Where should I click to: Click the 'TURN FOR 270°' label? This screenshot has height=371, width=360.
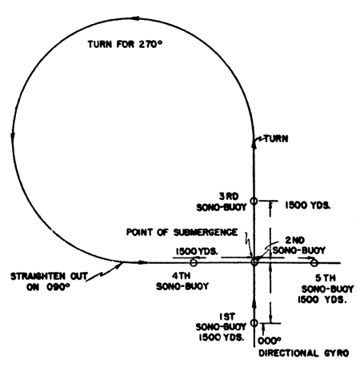(125, 44)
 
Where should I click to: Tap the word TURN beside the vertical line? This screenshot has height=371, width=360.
(276, 138)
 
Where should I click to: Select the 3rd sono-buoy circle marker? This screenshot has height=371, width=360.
(254, 201)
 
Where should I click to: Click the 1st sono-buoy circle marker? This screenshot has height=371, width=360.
(254, 323)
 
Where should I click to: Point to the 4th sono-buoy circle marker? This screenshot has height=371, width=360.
(194, 262)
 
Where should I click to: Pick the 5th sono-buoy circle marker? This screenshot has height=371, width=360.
(314, 263)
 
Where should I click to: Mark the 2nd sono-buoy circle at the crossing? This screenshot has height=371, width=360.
(254, 262)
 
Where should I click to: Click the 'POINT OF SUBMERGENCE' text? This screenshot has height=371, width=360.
(182, 232)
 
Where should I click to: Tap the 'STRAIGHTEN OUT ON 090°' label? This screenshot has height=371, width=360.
(49, 281)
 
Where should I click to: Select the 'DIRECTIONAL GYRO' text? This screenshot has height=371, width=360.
(304, 353)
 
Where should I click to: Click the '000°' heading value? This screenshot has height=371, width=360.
(270, 341)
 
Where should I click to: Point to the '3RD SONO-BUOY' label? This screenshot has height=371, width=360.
(222, 202)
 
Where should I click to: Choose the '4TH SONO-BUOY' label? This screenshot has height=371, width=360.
(182, 281)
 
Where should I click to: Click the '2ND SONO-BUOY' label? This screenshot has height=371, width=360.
(298, 245)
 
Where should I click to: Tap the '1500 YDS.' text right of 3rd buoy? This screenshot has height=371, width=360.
(308, 205)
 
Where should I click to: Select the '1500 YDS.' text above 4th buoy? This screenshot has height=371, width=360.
(197, 251)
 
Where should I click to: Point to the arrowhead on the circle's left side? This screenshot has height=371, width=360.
(13, 136)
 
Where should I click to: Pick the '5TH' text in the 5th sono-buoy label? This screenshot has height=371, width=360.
(325, 278)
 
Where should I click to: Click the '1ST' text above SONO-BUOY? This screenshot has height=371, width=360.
(227, 317)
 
